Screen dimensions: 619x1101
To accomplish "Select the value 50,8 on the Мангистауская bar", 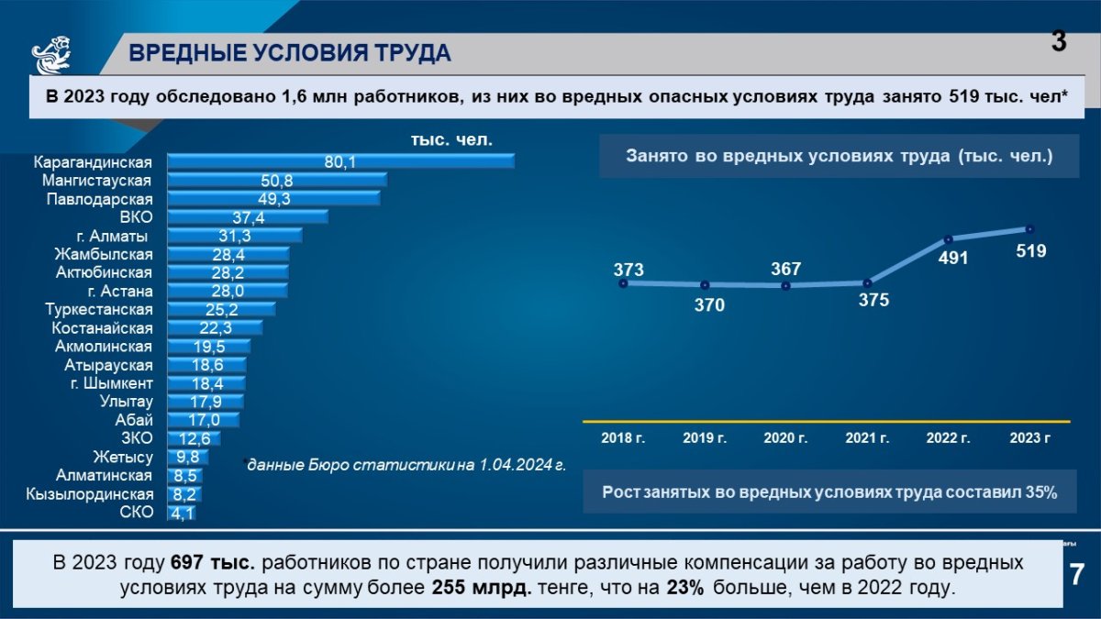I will click(x=276, y=181).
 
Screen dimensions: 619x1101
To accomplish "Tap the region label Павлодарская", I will click(x=100, y=199).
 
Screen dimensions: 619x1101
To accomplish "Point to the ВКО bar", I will click(x=248, y=217).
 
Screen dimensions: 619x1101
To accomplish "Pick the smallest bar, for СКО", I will click(x=181, y=513).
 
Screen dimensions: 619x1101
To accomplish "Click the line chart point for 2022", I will click(x=949, y=239).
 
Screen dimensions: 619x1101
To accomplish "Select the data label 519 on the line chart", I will click(x=1031, y=250).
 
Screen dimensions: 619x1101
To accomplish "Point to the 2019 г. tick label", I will click(x=705, y=438).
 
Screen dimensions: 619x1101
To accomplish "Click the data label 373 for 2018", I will click(x=628, y=270).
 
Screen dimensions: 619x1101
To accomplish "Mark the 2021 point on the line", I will click(x=867, y=282).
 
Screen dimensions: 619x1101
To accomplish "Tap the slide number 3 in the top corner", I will click(x=1059, y=41).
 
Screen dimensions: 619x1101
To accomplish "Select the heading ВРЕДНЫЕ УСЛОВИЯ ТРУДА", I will click(x=290, y=53).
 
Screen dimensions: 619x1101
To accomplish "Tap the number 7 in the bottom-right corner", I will click(x=1077, y=575).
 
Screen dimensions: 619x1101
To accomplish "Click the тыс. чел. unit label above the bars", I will click(x=450, y=140).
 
